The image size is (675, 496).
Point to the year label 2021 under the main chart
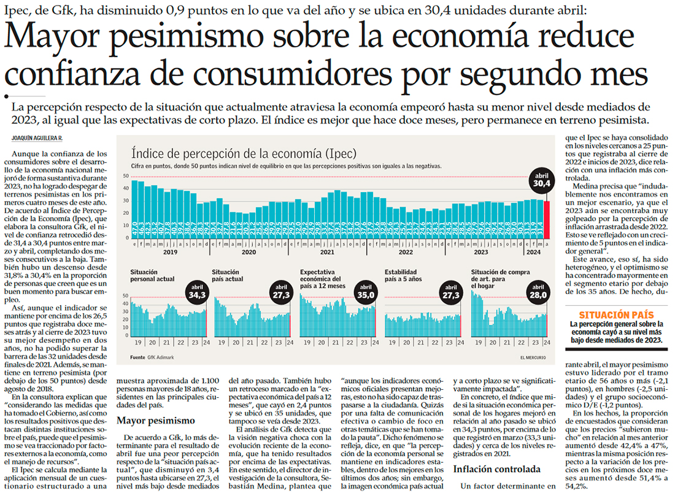click(328, 252)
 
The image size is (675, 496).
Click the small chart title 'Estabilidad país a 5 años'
click(401, 276)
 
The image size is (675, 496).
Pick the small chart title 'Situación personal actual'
click(153, 276)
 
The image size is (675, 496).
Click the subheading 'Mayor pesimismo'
click(155, 420)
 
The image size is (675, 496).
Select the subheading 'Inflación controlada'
click(496, 470)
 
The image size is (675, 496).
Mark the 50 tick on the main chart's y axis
click(126, 176)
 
